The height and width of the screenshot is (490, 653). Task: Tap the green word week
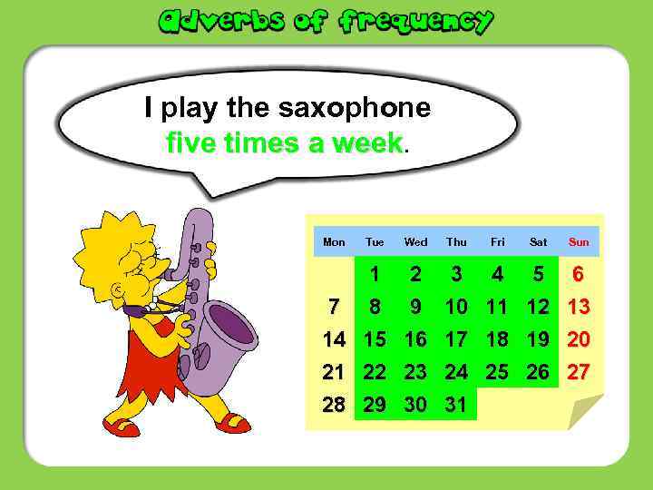pyautogui.click(x=366, y=142)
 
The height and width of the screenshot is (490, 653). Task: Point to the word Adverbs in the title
pyautogui.click(x=217, y=20)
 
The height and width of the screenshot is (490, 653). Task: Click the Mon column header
pyautogui.click(x=334, y=242)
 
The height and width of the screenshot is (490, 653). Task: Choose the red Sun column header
pyautogui.click(x=579, y=242)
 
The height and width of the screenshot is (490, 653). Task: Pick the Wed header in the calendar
pyautogui.click(x=415, y=242)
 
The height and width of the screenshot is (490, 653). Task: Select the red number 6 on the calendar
pyautogui.click(x=579, y=275)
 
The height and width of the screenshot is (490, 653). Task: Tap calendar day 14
pyautogui.click(x=334, y=340)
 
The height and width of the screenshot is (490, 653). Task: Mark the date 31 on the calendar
pyautogui.click(x=456, y=406)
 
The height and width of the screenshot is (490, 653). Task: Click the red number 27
pyautogui.click(x=579, y=373)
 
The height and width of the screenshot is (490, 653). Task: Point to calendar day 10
pyautogui.click(x=456, y=308)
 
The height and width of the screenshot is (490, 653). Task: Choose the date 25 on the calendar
pyautogui.click(x=497, y=373)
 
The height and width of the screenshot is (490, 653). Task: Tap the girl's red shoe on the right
pyautogui.click(x=232, y=423)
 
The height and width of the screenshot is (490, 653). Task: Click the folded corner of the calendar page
pyautogui.click(x=584, y=412)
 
